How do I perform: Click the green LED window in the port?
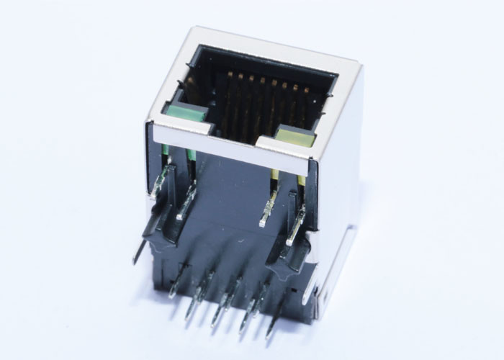pos(186,112)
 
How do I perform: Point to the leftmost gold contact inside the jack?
pos(229,74)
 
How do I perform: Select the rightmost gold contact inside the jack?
pos(307,91)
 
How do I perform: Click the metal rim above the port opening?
pos(274,50)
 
